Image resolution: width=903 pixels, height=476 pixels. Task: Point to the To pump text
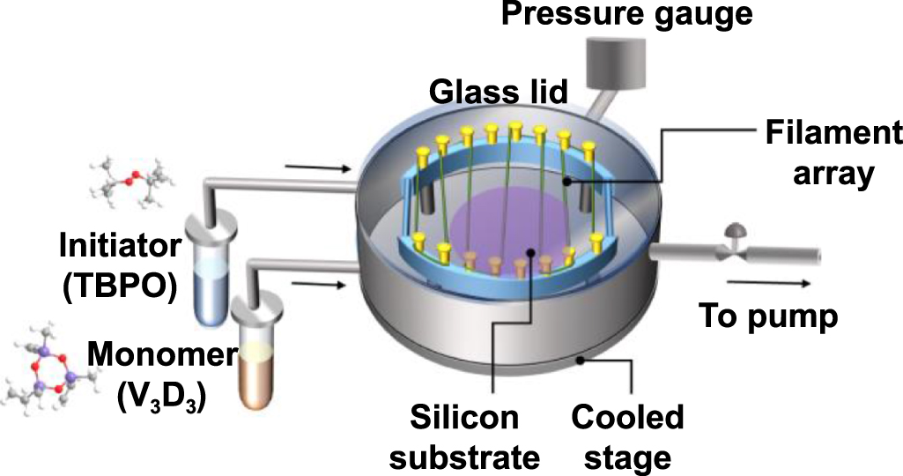(767, 316)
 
